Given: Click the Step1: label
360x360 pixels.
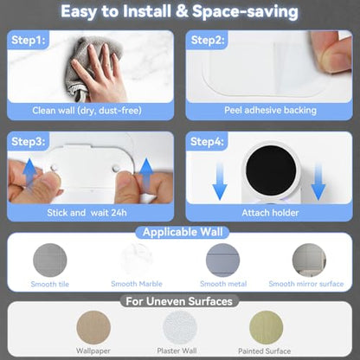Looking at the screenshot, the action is pos(29,40).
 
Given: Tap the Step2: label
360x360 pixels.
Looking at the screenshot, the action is pos(208,40).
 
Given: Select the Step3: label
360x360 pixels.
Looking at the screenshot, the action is pos(29,141).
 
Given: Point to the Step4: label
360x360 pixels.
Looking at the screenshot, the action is pos(207,141).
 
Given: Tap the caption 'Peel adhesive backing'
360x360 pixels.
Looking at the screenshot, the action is pos(270,110).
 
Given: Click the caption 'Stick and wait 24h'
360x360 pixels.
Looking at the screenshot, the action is pos(87,213).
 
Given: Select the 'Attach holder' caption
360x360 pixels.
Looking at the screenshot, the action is pos(270,213).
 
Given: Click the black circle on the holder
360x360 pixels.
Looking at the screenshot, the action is pos(271,170).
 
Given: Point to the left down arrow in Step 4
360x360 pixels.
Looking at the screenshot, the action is pos(220,181).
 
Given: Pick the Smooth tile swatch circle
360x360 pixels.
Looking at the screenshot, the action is pos(50,260).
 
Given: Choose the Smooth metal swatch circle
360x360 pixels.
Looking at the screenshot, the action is pos(222,260).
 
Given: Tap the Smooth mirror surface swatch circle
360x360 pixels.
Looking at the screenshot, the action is pos(309,260).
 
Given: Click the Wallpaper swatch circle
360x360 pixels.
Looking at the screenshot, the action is pos(93,327).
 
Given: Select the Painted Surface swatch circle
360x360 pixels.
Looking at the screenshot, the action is pos(266,327).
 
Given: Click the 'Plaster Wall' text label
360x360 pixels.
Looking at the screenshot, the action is pos(177,350).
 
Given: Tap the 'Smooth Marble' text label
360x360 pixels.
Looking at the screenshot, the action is pos(137,284).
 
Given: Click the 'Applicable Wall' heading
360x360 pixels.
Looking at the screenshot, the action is pos(183,232).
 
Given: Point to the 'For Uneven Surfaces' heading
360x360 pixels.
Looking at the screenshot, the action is pos(179,301).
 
